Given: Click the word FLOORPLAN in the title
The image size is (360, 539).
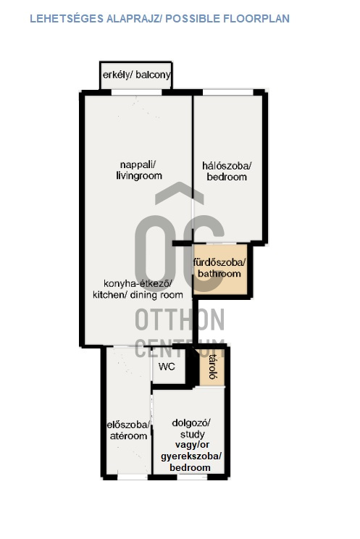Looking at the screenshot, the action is pos(256,18).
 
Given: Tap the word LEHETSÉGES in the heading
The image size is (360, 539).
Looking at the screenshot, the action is pos(67,18).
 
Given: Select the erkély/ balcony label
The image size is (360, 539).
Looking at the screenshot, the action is pos(136,75).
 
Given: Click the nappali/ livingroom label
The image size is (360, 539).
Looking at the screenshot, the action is pos(139,170).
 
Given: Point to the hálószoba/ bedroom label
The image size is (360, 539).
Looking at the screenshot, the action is pos(227,172).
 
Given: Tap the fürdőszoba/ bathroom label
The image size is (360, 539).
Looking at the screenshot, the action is pos(219,268).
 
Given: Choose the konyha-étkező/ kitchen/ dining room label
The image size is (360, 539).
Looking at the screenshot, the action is pos(138,289).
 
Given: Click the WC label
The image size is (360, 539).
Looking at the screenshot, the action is pos(167,367).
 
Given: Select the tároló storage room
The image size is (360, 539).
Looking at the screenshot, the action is pos(212,367).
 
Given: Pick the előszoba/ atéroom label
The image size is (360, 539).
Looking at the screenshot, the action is pos(128,430).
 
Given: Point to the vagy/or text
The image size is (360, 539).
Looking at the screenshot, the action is pos(192,445).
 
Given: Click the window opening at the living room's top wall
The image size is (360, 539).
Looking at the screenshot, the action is pos(136,92).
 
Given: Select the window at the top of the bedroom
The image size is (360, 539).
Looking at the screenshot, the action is pos(228,92).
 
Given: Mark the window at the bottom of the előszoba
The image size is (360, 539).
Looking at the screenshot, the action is pos(133,477).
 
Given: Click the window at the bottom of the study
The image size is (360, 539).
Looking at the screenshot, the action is pos(192,477).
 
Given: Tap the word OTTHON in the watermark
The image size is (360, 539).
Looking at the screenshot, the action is pos(180,319).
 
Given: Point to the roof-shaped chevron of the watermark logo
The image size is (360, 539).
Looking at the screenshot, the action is pos(180,193).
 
